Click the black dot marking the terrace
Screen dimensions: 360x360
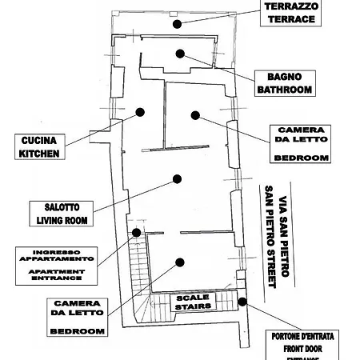point(175,23)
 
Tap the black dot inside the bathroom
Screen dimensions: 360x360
point(180,54)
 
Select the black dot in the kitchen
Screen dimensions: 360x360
point(140,113)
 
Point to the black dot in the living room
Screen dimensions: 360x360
point(175,181)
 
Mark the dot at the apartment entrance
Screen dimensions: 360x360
point(137,233)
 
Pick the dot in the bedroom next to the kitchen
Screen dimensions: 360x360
point(194,115)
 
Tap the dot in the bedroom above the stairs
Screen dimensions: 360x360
point(180,262)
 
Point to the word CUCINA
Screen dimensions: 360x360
point(39,140)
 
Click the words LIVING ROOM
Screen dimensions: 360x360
point(62,219)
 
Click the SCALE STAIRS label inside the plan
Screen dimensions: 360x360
point(192,302)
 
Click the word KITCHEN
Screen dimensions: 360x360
point(39,153)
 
